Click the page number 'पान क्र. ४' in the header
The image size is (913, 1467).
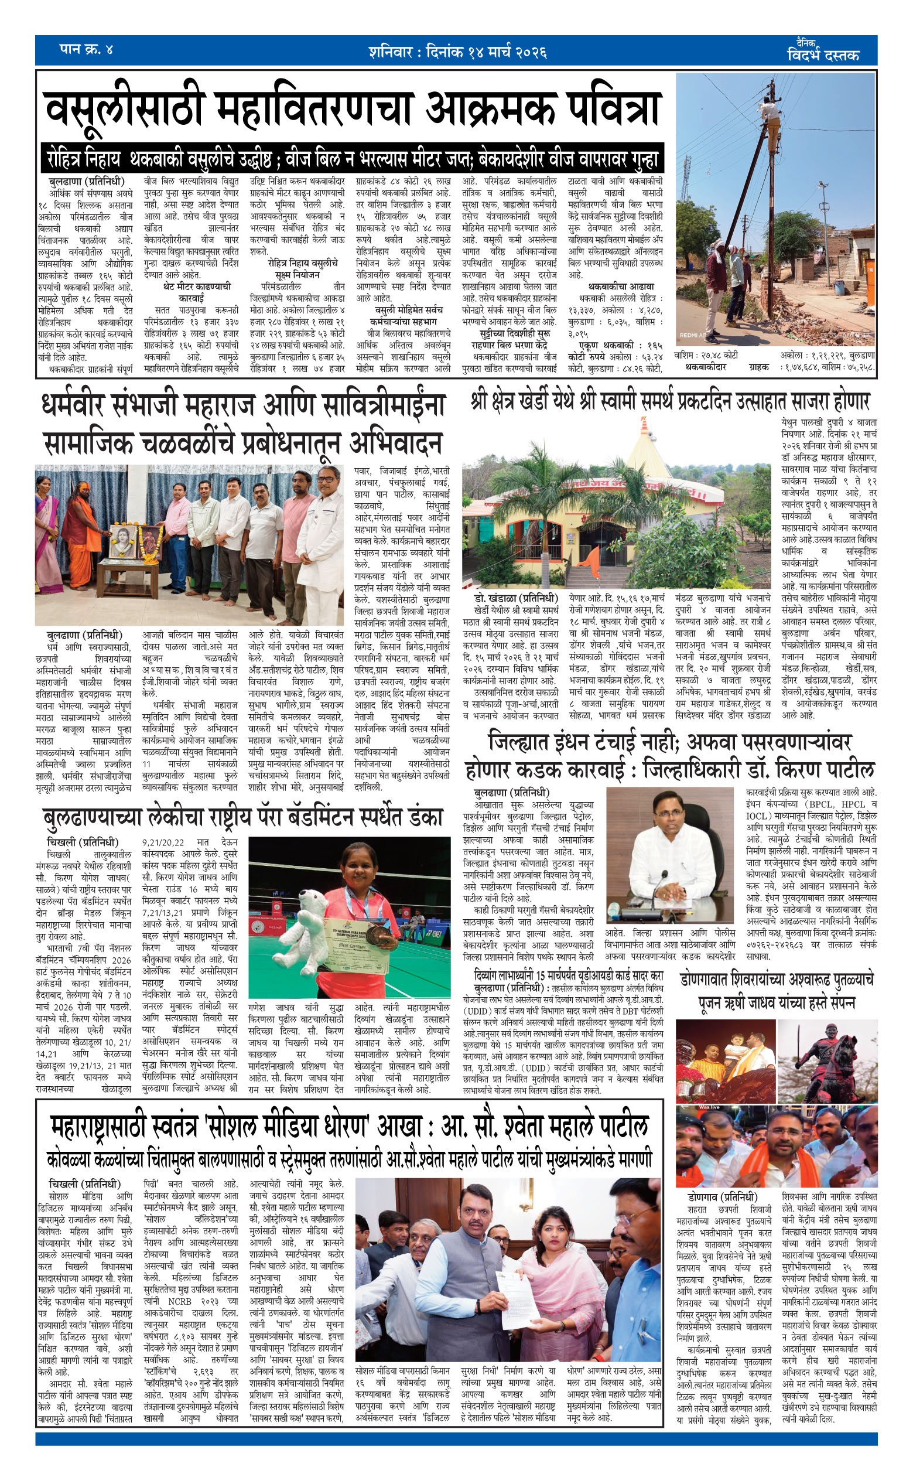coord(86,49)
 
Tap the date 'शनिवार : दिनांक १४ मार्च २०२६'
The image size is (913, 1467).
coord(457,52)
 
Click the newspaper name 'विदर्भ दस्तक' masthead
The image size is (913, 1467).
coord(823,55)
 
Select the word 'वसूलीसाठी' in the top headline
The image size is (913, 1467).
coord(123,110)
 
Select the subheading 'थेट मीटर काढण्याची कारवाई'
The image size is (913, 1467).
coord(197,292)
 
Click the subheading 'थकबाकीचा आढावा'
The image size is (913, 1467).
coord(621,286)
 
